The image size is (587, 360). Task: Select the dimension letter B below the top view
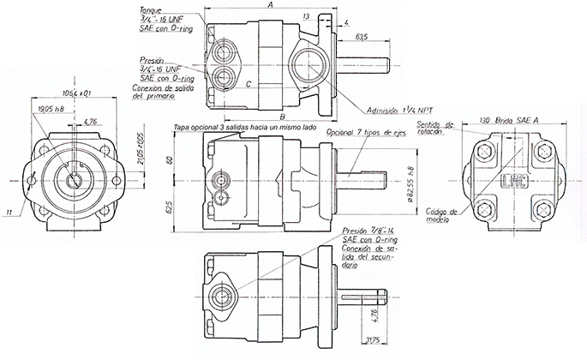[x=280, y=117]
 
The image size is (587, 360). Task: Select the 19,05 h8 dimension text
[x=53, y=108]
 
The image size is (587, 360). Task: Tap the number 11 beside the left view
[x=9, y=211]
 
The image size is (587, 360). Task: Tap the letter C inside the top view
[x=248, y=84]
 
